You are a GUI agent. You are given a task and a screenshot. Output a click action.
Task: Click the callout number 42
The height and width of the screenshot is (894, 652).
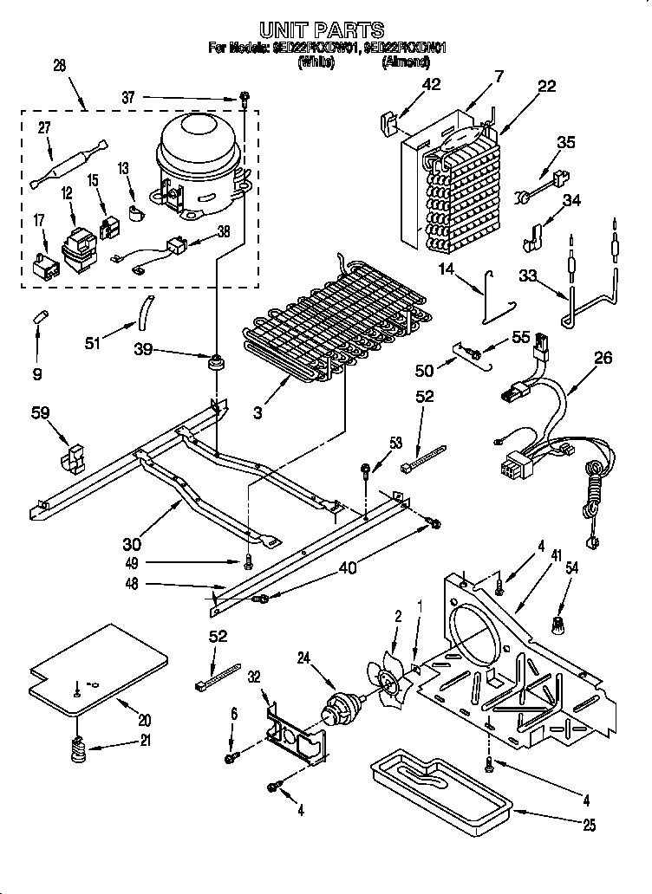click(x=431, y=84)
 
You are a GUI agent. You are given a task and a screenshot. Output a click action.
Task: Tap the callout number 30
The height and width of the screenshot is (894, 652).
click(x=131, y=544)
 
